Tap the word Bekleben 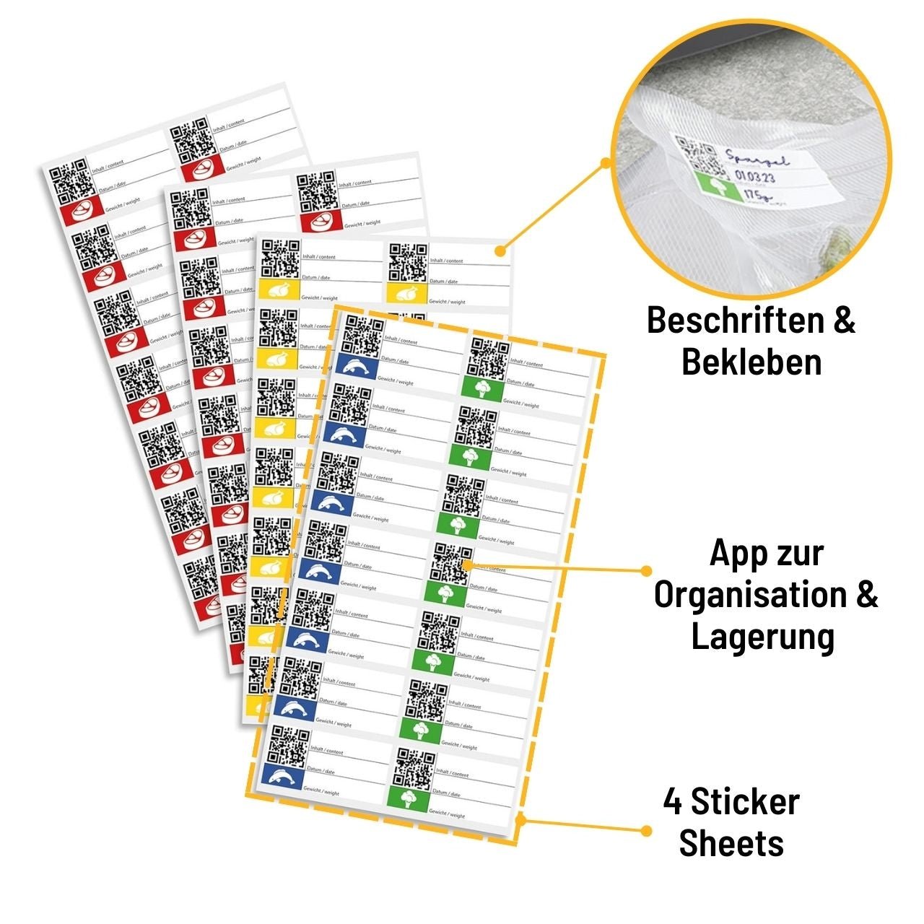751,362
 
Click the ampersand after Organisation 867,596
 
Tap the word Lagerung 763,637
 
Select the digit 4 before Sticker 674,802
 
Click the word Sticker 745,802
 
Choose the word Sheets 731,843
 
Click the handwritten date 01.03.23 755,176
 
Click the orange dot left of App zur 647,570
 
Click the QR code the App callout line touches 453,562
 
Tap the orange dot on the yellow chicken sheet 499,250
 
